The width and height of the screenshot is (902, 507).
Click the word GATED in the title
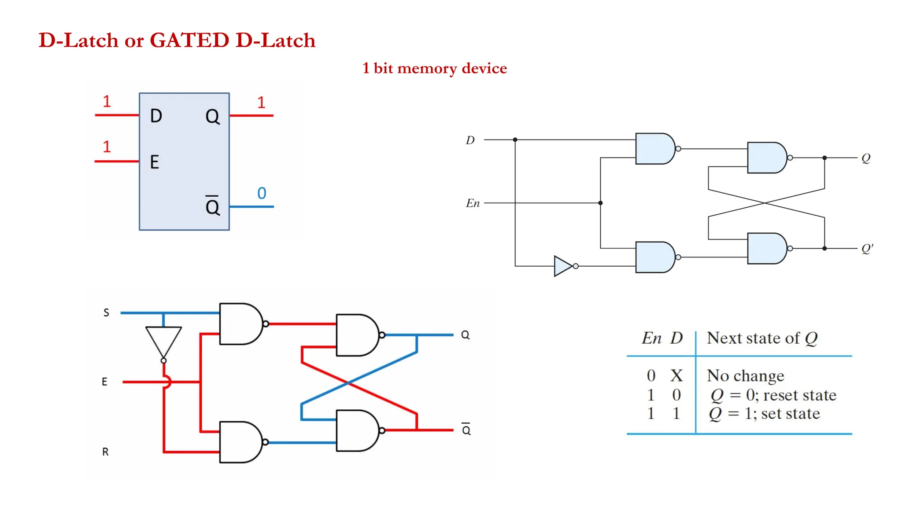click(189, 40)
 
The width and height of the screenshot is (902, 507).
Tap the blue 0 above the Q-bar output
click(262, 193)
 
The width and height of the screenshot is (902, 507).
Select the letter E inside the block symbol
click(154, 162)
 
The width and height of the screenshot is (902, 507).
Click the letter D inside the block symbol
click(156, 116)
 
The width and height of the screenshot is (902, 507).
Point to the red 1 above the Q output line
click(261, 103)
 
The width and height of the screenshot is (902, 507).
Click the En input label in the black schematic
click(473, 203)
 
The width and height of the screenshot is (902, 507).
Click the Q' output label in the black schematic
click(867, 249)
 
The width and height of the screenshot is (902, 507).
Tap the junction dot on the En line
click(600, 203)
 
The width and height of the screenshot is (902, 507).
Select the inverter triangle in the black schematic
click(562, 266)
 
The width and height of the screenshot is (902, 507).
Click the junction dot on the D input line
click(515, 140)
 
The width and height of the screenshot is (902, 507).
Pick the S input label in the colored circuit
click(106, 312)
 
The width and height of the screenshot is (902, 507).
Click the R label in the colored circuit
click(105, 452)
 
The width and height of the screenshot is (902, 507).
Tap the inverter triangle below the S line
click(163, 340)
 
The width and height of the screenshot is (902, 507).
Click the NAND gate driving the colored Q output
click(357, 335)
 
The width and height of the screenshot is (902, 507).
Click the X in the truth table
click(676, 376)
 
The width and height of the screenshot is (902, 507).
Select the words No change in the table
click(745, 376)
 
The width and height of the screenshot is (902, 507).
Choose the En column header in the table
click(651, 338)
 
